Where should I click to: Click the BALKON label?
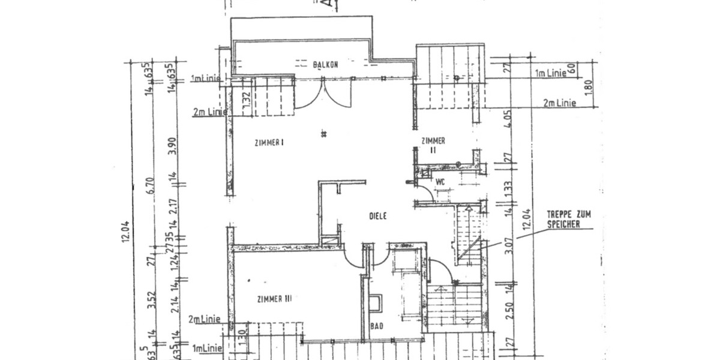tap(326, 64)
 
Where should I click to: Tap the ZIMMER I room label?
tap(268, 142)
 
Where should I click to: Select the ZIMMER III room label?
tap(274, 299)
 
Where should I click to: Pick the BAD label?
tap(376, 326)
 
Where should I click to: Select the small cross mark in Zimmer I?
tap(323, 133)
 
